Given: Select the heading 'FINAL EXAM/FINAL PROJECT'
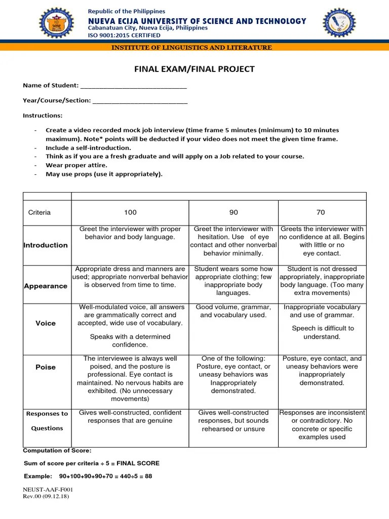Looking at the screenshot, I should click(194, 69).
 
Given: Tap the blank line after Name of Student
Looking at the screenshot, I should click(133, 86).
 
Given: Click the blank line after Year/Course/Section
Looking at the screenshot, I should click(140, 101).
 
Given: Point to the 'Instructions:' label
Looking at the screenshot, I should click(43, 116).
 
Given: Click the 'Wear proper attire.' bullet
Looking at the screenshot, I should click(76, 165).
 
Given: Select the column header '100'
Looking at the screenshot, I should click(130, 212).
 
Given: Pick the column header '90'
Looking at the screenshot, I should click(234, 212).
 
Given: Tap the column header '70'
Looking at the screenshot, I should click(321, 212).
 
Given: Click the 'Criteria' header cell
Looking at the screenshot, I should click(40, 212).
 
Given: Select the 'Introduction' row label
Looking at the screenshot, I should click(46, 245).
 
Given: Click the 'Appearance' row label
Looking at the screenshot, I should click(46, 286).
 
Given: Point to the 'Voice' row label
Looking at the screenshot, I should click(46, 323).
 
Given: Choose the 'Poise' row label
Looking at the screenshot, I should click(46, 367).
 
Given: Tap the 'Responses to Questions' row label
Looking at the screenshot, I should click(47, 421).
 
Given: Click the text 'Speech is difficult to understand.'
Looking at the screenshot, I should click(322, 332).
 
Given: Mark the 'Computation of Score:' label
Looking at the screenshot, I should click(57, 451).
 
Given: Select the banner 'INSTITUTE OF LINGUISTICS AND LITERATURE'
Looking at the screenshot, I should click(194, 48).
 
